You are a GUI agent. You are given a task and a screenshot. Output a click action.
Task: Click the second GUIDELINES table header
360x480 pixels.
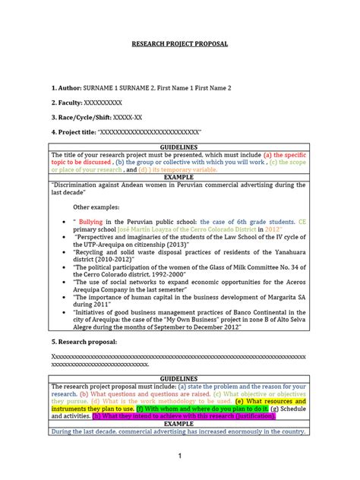pos(179,378)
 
